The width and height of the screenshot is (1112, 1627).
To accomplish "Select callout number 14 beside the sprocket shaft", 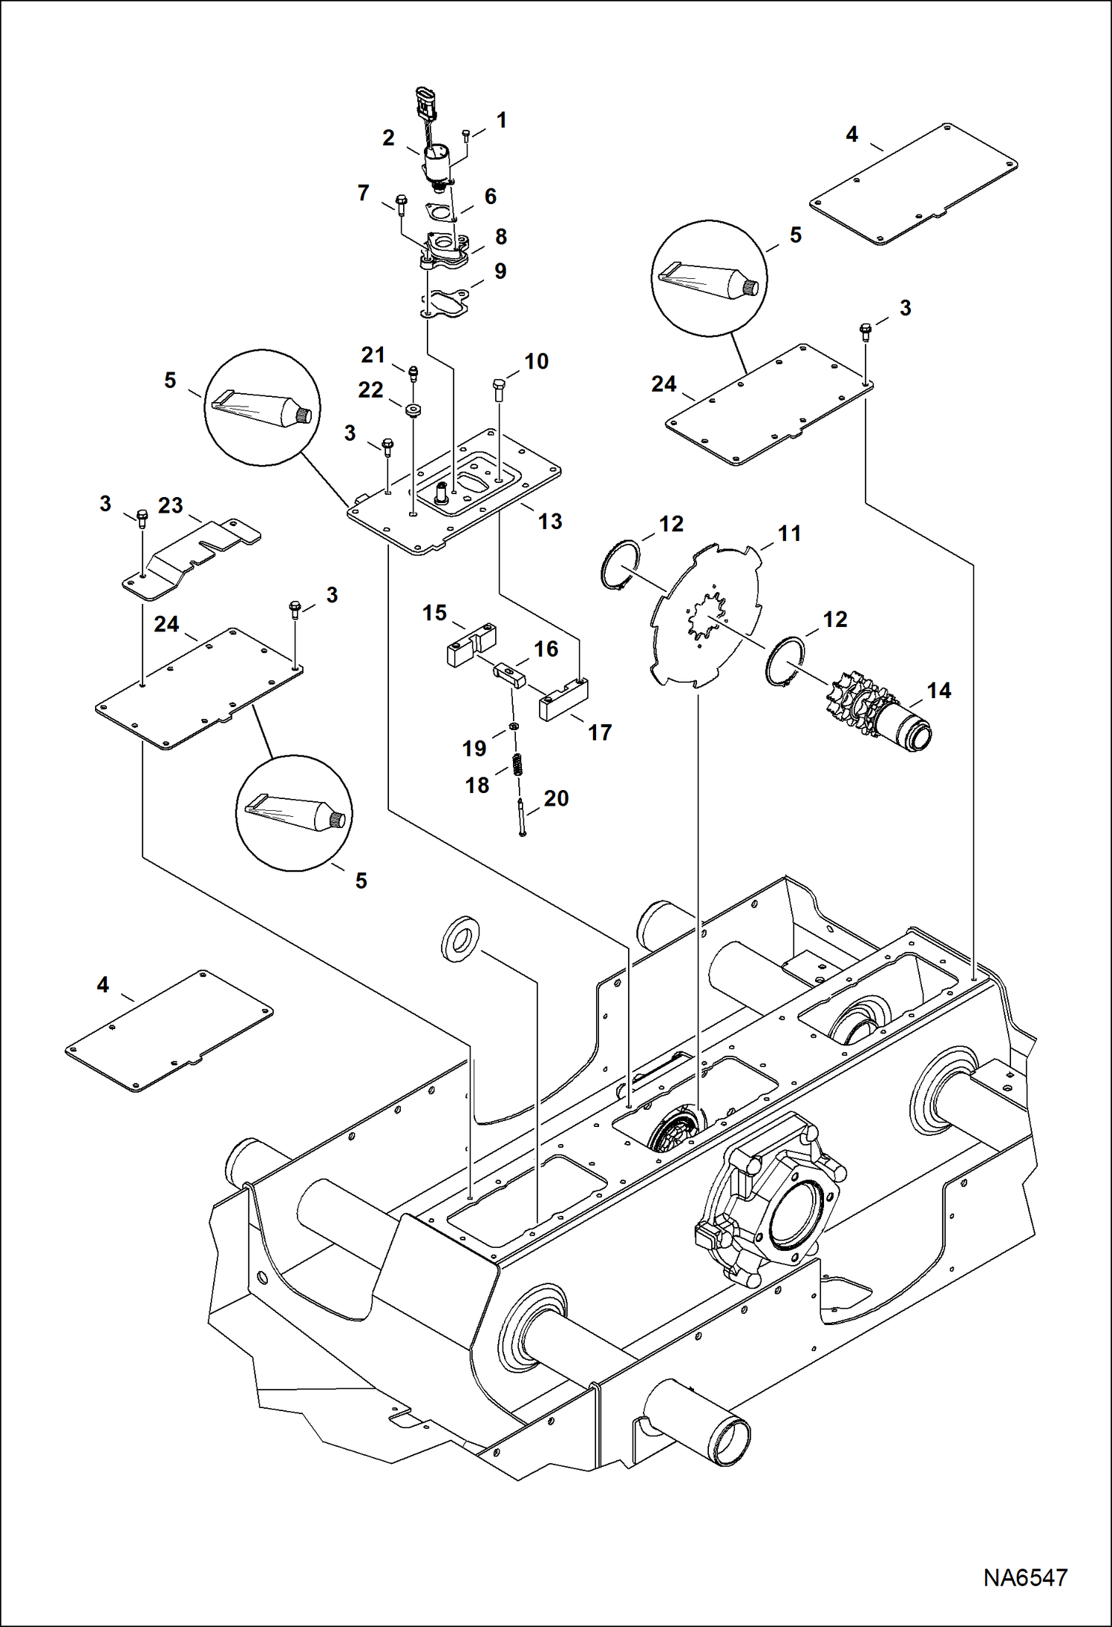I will pos(938,691).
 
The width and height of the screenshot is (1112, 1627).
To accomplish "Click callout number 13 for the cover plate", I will pos(549,521).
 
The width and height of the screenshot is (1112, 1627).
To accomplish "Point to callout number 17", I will pos(599,732).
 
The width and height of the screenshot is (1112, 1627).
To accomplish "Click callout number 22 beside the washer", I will pos(370,390).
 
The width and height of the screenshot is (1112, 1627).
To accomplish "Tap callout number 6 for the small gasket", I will pos(490,196).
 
